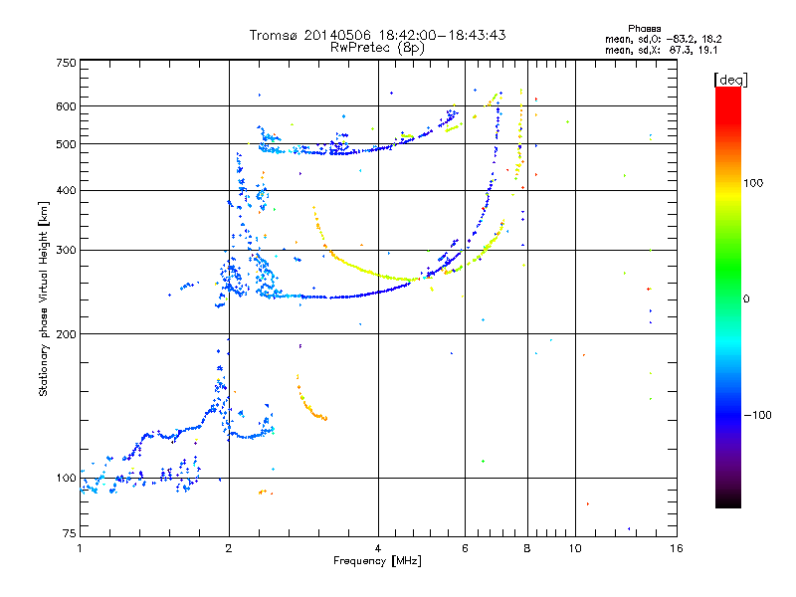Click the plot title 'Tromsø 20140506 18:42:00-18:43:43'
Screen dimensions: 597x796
[x=377, y=35]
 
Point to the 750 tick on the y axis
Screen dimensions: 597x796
[x=66, y=63]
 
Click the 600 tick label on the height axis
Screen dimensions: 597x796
[x=66, y=106]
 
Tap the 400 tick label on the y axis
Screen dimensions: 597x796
[x=66, y=191]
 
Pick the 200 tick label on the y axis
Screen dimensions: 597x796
[x=66, y=334]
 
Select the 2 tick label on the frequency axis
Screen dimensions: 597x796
[x=229, y=548]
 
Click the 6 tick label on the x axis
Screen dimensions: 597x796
[x=466, y=548]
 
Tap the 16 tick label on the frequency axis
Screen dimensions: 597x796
[x=676, y=548]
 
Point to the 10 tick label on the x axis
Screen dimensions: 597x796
[x=575, y=548]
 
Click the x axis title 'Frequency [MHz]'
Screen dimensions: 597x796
[x=377, y=562]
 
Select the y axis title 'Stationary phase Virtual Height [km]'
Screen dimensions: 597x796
[x=44, y=298]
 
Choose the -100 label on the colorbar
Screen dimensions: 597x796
[x=762, y=415]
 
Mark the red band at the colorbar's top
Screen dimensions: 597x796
[x=727, y=95]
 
